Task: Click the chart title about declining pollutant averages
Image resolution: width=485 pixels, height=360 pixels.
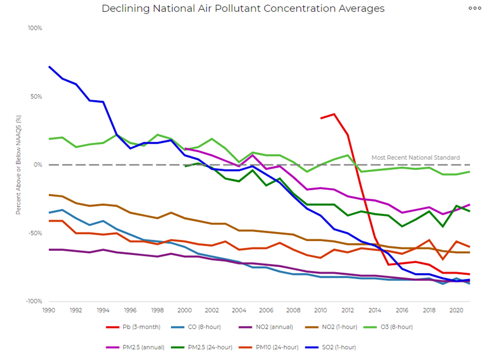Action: coord(243,9)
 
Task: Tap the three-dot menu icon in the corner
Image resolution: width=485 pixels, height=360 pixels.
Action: coord(474,8)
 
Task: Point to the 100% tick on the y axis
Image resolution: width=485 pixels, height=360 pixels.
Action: coord(35,28)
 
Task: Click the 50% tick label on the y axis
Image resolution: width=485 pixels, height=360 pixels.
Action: coord(36,96)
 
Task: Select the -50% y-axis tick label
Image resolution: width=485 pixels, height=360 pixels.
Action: coord(35,233)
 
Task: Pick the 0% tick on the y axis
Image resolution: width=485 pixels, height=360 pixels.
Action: coord(38,165)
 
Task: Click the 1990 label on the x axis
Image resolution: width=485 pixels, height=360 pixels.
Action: coord(49,309)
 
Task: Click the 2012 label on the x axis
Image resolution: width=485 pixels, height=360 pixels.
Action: coord(348,309)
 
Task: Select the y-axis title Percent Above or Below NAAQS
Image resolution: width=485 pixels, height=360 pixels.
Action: coord(18,165)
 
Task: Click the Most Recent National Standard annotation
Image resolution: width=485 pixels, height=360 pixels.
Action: coord(415,158)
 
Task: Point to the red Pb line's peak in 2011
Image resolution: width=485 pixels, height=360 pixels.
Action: coord(334,114)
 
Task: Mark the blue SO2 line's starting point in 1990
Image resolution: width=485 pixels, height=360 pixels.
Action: coord(49,66)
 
